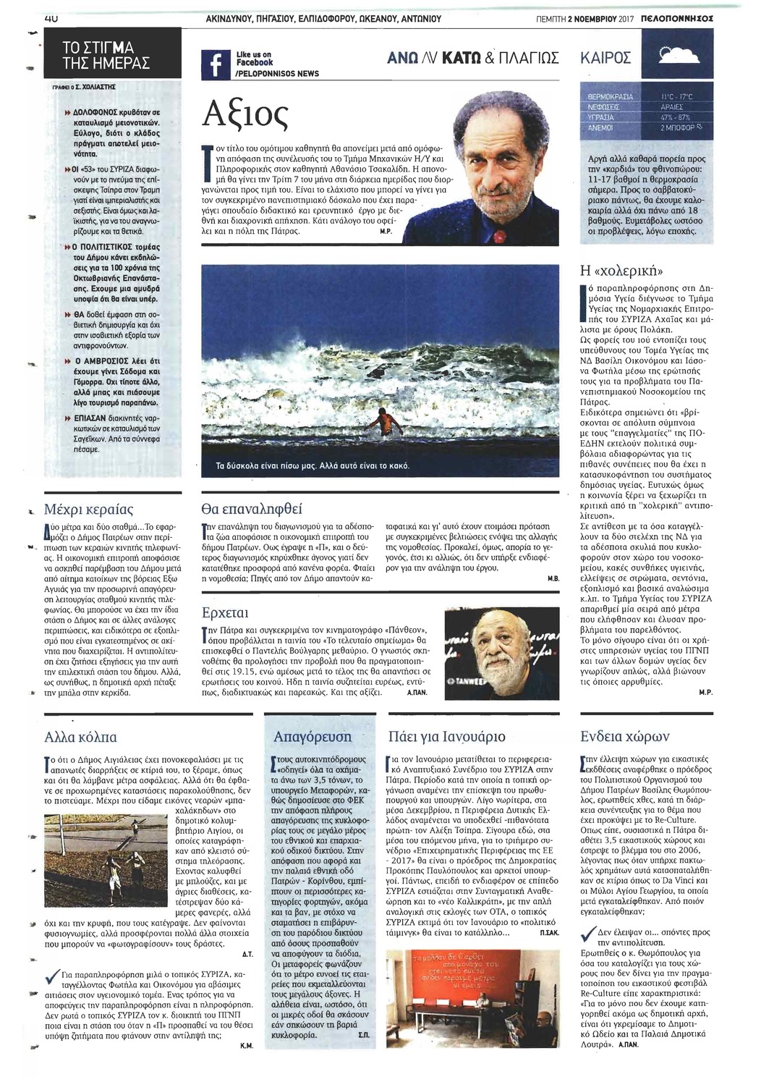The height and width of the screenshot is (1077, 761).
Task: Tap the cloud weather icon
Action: point(681,57)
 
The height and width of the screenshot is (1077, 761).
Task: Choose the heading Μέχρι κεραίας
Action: point(89,509)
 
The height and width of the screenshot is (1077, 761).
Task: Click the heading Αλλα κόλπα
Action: point(81,737)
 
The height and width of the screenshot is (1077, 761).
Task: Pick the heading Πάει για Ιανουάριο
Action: point(446,738)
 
